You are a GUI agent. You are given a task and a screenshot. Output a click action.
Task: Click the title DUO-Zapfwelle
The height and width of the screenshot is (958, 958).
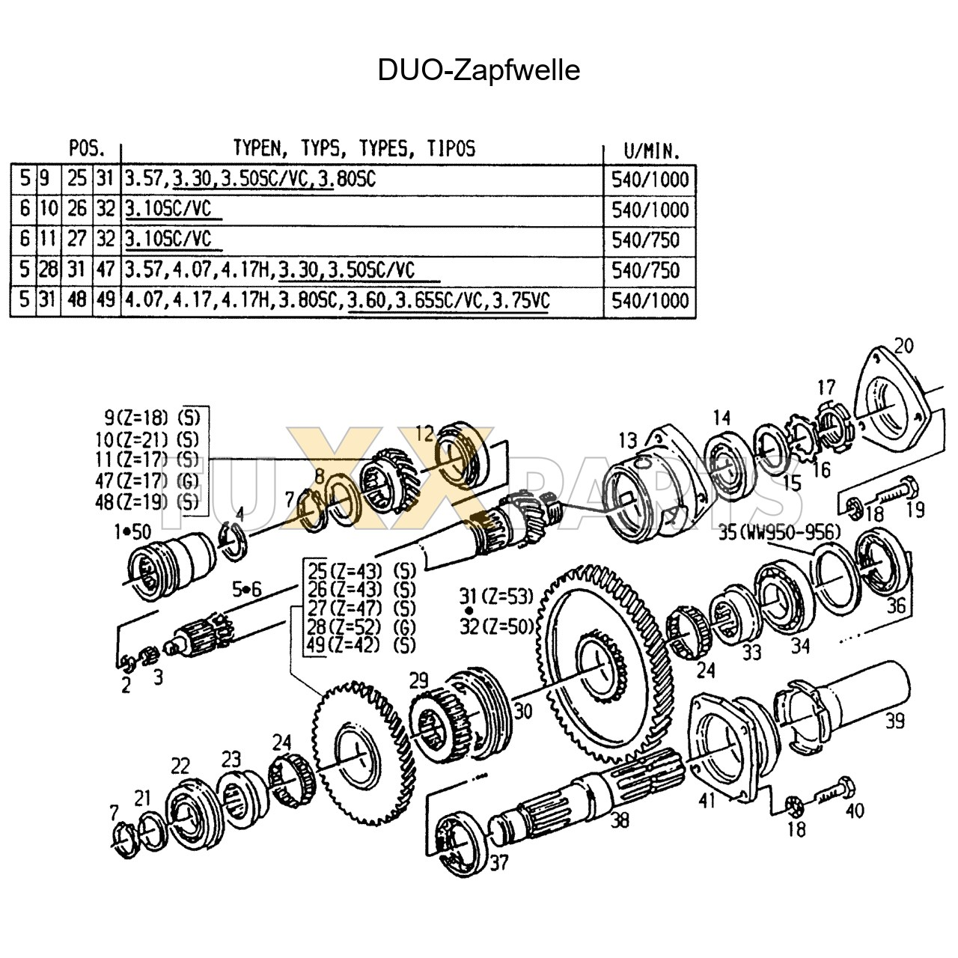pos(478,70)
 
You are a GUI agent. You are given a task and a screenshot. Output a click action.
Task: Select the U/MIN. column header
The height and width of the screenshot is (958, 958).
pos(650,150)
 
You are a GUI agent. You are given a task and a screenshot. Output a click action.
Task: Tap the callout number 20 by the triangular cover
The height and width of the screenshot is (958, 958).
pos(903,346)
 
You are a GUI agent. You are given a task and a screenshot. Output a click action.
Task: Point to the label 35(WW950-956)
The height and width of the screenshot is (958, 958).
pos(779,532)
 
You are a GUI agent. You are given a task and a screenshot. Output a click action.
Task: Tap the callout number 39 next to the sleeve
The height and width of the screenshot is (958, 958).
pos(894,721)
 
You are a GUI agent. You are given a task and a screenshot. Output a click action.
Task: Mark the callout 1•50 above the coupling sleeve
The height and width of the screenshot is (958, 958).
pos(132,531)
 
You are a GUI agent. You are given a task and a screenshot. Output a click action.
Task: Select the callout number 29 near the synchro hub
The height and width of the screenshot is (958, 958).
pos(419,681)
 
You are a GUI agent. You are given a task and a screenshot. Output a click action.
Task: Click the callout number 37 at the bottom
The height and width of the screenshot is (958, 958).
pos(499,863)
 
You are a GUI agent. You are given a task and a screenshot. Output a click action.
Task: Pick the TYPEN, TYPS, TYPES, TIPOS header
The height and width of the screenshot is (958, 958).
pos(354,147)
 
